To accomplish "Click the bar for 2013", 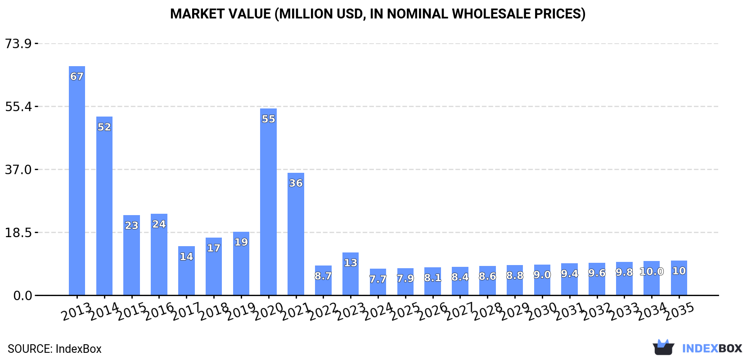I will pyautogui.click(x=77, y=180).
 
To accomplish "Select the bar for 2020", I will pyautogui.click(x=268, y=202).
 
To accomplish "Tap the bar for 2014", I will pyautogui.click(x=104, y=207).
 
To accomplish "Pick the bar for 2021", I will pyautogui.click(x=296, y=234).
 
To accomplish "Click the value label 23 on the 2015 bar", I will pyautogui.click(x=131, y=225).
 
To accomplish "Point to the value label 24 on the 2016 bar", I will pyautogui.click(x=159, y=224).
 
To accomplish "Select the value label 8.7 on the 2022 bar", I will pyautogui.click(x=323, y=276).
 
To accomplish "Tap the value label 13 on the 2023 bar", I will pyautogui.click(x=351, y=263).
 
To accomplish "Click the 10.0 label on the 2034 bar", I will pyautogui.click(x=652, y=272).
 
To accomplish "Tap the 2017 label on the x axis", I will pyautogui.click(x=186, y=311).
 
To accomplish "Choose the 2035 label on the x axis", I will pyautogui.click(x=679, y=311).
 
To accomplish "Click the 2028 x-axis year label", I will pyautogui.click(x=488, y=311).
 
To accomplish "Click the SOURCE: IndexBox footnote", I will pyautogui.click(x=54, y=349).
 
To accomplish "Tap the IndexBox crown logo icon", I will pyautogui.click(x=663, y=347).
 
